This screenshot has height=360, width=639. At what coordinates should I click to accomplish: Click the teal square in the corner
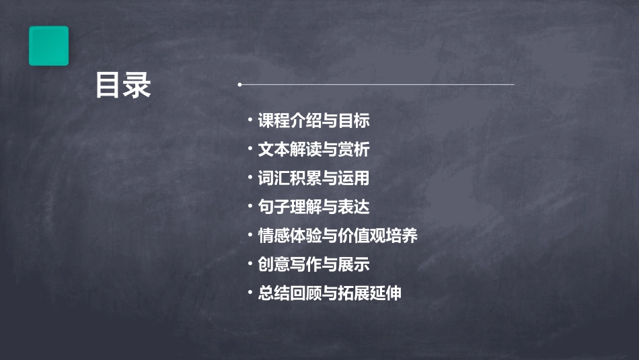(x=48, y=46)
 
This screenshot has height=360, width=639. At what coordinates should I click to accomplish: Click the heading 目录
(x=123, y=85)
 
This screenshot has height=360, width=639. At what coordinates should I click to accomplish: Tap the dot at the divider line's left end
(x=239, y=85)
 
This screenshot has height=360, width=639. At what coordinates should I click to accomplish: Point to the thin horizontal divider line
(x=377, y=85)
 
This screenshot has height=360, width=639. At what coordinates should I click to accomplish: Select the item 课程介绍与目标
(x=313, y=121)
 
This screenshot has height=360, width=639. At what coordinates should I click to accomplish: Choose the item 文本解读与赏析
(x=313, y=149)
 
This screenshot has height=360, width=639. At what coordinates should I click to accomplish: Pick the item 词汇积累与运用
(x=313, y=178)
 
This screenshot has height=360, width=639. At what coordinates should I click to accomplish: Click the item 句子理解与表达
(x=313, y=207)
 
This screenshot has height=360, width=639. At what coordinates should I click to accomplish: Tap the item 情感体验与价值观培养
(x=338, y=236)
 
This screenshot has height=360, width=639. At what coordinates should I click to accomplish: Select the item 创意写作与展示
(x=313, y=264)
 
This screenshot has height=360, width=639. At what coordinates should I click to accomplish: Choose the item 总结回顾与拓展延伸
(x=330, y=293)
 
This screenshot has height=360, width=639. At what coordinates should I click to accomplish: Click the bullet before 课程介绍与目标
(x=250, y=120)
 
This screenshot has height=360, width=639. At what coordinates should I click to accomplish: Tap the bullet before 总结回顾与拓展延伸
(x=250, y=292)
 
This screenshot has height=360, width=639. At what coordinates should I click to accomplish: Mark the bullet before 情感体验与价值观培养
(x=250, y=235)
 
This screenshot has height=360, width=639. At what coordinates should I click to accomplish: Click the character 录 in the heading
(x=137, y=85)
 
